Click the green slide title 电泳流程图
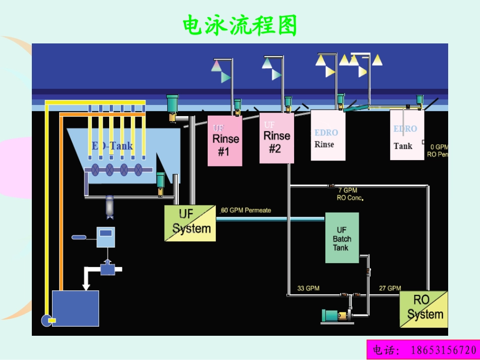[x=239, y=25]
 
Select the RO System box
[x=423, y=308]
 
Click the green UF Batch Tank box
[x=342, y=238]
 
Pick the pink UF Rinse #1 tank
[x=225, y=141]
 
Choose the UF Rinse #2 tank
[x=276, y=138]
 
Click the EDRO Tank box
[x=407, y=135]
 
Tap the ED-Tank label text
[x=112, y=146]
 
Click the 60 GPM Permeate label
[x=246, y=210]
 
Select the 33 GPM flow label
[x=308, y=288]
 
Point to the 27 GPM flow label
[x=390, y=288]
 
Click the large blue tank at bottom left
[x=75, y=308]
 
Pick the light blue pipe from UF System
[x=270, y=219]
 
